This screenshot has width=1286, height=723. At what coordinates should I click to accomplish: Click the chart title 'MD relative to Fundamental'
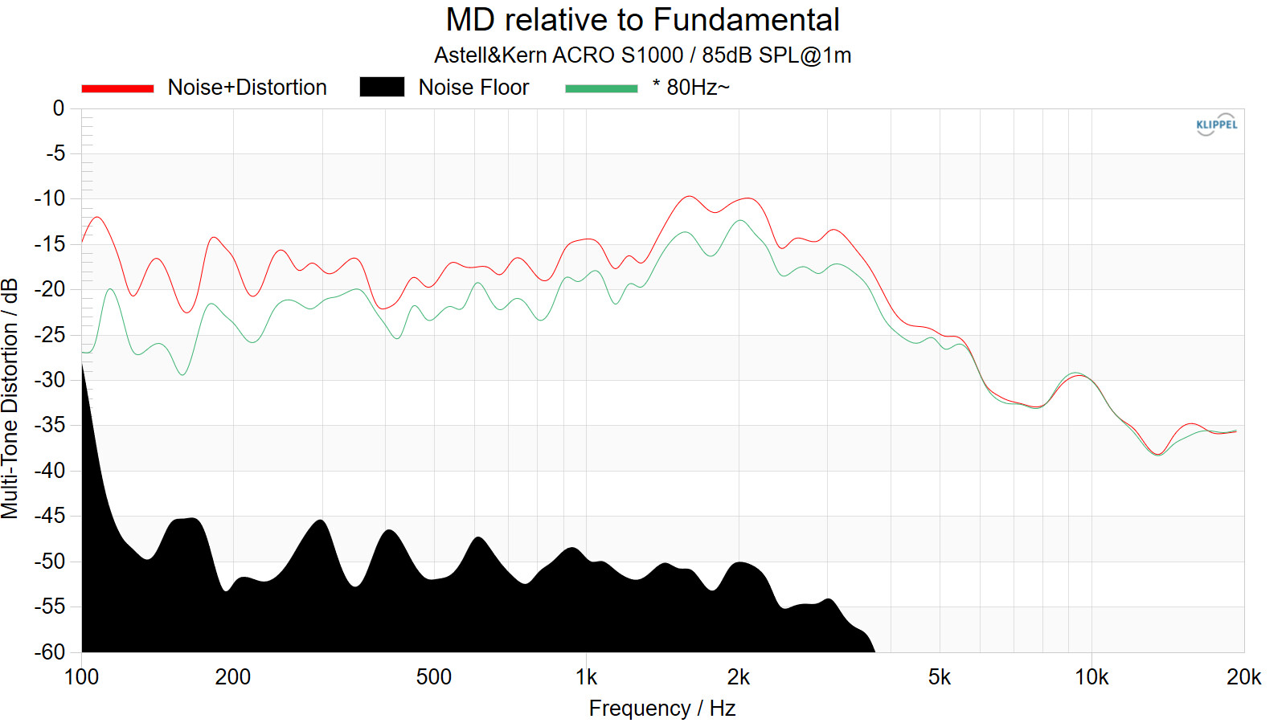(x=642, y=20)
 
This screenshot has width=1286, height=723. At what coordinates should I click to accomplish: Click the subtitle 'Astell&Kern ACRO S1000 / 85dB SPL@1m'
(x=642, y=55)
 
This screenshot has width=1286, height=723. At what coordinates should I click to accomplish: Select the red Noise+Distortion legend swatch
(x=117, y=88)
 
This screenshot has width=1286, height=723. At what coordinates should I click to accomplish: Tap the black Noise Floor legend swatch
(x=382, y=88)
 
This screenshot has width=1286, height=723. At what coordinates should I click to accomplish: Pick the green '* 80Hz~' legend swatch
(x=601, y=88)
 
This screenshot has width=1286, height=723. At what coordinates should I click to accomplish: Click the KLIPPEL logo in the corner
(x=1216, y=125)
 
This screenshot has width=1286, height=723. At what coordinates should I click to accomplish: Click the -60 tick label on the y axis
(x=50, y=652)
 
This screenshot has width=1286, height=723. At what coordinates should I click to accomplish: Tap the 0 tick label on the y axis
(x=59, y=108)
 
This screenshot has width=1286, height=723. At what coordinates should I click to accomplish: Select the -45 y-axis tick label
(x=50, y=516)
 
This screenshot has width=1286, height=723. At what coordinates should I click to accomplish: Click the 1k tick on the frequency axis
(x=587, y=677)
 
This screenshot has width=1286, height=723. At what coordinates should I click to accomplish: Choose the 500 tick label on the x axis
(x=434, y=677)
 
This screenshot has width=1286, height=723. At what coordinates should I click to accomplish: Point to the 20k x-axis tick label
(x=1243, y=677)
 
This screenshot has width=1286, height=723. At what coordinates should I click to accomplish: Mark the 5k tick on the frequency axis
(x=940, y=677)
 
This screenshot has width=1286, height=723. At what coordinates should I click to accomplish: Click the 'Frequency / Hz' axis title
(x=661, y=708)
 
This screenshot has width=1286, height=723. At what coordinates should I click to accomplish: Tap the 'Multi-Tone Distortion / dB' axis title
(x=10, y=398)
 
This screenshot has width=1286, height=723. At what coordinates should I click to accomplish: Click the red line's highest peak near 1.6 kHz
(x=688, y=196)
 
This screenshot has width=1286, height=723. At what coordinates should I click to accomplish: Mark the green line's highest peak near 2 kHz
(x=741, y=220)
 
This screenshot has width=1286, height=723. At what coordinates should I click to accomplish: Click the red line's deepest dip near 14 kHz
(x=1158, y=454)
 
